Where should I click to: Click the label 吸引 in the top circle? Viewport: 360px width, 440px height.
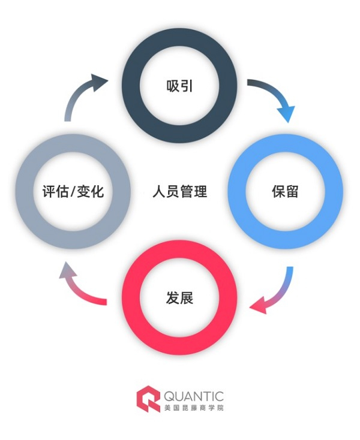coord(180,86)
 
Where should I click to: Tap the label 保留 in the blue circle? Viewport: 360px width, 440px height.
coord(285,192)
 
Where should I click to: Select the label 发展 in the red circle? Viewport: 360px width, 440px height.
coord(179,297)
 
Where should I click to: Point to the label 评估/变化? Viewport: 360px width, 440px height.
coord(74,192)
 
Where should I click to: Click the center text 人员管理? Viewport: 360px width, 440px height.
coord(179,192)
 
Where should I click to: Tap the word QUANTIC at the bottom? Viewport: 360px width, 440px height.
coord(193,396)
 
